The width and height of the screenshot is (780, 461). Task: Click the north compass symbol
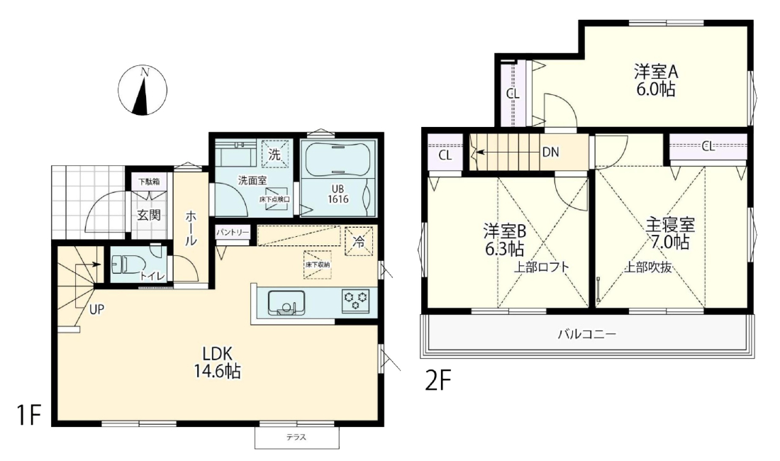tap(143, 91)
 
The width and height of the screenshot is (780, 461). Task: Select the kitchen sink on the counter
tap(286, 303)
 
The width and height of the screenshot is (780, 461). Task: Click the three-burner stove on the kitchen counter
tap(356, 301)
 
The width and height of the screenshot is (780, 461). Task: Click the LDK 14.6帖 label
tap(218, 362)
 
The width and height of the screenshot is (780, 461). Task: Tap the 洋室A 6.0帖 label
tap(656, 81)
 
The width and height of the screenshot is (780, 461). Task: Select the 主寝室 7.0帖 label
tap(670, 233)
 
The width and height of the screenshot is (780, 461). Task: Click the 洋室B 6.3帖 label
tap(504, 239)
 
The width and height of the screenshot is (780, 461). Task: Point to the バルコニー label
tap(586, 333)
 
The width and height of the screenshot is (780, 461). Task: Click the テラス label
tap(296, 438)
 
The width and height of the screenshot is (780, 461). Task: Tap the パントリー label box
tap(233, 232)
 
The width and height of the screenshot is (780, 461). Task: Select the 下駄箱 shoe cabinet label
tap(149, 182)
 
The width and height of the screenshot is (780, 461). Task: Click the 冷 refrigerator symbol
tap(359, 241)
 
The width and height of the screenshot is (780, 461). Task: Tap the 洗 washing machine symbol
tap(274, 154)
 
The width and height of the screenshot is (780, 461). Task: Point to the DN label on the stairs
tap(551, 152)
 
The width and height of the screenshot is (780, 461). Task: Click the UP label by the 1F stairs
tap(96, 309)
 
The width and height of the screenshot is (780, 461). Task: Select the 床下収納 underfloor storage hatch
tap(318, 265)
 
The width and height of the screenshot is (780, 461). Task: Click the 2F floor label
tap(438, 382)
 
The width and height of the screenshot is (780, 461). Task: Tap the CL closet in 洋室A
tap(513, 93)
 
